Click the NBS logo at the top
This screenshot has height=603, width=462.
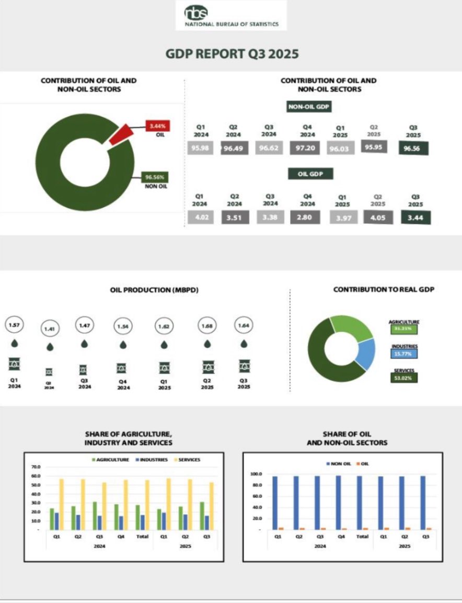point(232,15)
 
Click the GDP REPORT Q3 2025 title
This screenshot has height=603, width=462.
point(232,54)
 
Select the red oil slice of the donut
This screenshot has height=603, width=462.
point(120,134)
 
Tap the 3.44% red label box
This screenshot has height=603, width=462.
point(157,126)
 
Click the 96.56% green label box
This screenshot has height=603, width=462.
point(155,177)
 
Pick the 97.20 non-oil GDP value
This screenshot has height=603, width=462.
point(305,147)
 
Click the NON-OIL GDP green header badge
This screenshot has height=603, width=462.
point(310,107)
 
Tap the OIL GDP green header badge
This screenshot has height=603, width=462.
point(310,174)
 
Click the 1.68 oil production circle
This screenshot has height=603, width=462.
point(207,327)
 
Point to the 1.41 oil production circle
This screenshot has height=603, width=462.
point(50,328)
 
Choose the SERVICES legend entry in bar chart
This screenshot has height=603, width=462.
point(187,460)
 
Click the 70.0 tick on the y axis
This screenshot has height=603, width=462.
point(36,466)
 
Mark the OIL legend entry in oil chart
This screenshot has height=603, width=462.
point(362,464)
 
